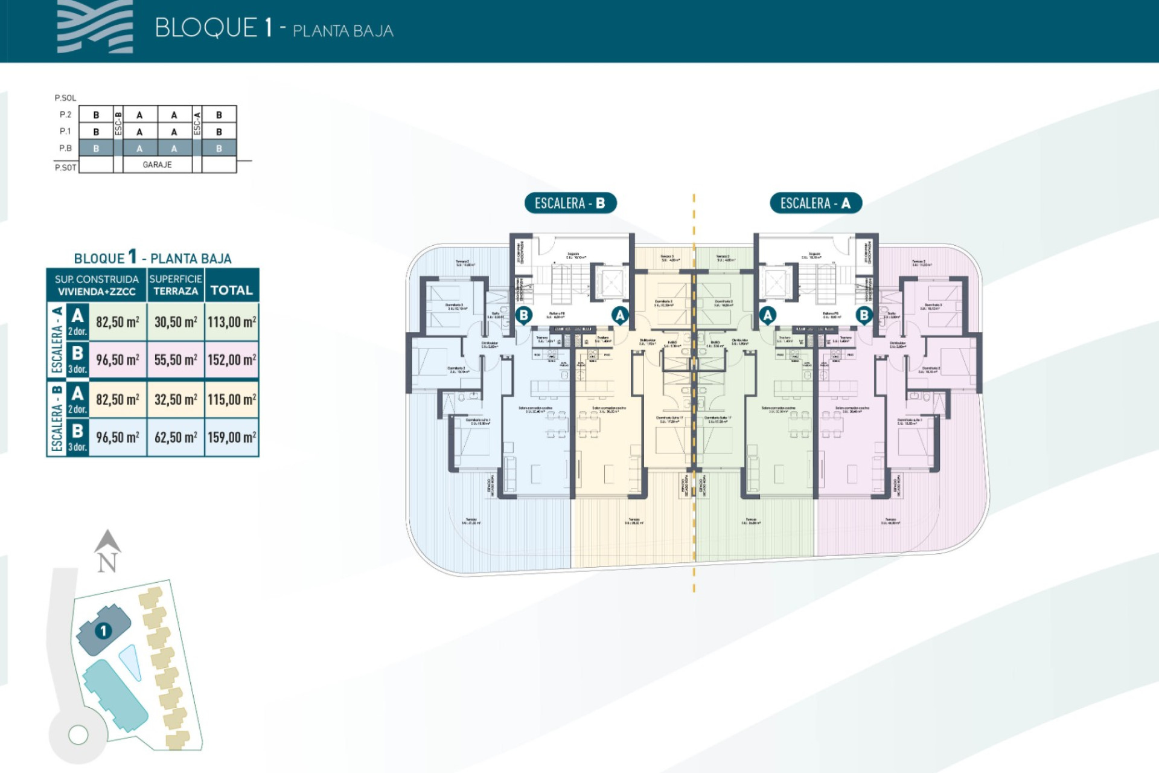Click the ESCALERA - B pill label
coord(570,204)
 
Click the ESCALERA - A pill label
coord(815,204)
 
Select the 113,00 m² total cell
coord(232,322)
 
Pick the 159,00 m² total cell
coord(232,437)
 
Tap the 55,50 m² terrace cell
coord(176,360)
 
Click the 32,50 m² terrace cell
coord(176,400)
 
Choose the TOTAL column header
coord(231,290)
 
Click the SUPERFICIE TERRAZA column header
coord(176,285)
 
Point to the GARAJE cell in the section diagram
coord(158,164)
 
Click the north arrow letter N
coord(107,563)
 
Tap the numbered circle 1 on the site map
coord(103,631)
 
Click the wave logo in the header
coord(95,27)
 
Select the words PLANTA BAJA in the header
coord(343,31)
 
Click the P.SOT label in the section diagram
coord(65,167)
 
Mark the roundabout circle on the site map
coord(78,735)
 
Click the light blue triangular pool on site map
coord(131,661)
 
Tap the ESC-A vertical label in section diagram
coord(197,123)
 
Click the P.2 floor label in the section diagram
coord(65,115)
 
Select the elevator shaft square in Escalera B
coord(611,283)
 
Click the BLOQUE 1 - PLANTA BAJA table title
coord(153,258)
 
